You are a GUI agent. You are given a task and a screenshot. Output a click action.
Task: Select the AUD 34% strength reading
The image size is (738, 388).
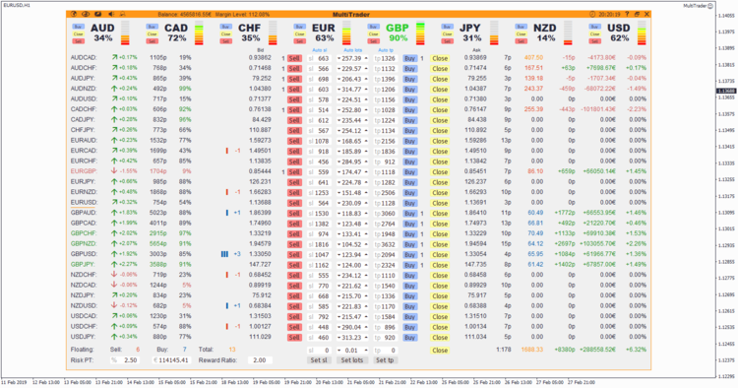pos(103,38)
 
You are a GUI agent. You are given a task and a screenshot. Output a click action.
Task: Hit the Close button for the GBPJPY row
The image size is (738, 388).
pos(440,265)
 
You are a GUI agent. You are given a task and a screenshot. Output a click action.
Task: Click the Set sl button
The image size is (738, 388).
pos(318,359)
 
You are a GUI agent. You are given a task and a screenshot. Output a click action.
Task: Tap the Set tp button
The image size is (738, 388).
pos(385,359)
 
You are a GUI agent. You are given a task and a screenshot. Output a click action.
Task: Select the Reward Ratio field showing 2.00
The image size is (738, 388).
pos(260,359)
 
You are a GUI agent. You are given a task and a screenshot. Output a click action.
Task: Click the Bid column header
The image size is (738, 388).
pos(260,48)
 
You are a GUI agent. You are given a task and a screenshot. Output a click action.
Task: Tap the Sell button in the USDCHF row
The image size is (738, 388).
pos(293,327)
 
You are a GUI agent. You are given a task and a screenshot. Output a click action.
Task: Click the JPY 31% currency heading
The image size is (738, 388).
pos(472,32)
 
